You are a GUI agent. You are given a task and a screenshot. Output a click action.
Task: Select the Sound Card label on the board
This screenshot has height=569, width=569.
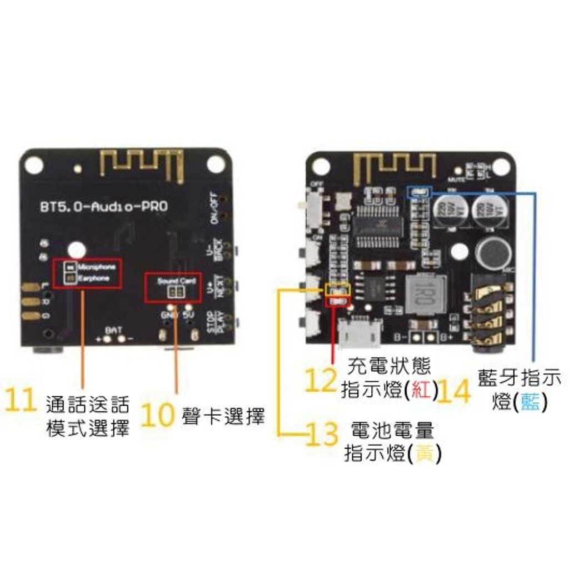pyautogui.click(x=176, y=281)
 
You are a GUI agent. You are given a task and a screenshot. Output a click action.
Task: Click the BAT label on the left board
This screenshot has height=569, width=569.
pyautogui.click(x=114, y=330)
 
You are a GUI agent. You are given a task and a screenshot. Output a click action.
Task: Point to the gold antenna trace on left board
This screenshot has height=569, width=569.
pyautogui.click(x=142, y=162)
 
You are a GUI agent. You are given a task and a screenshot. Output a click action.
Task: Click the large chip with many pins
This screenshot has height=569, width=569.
pyautogui.click(x=378, y=226)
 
